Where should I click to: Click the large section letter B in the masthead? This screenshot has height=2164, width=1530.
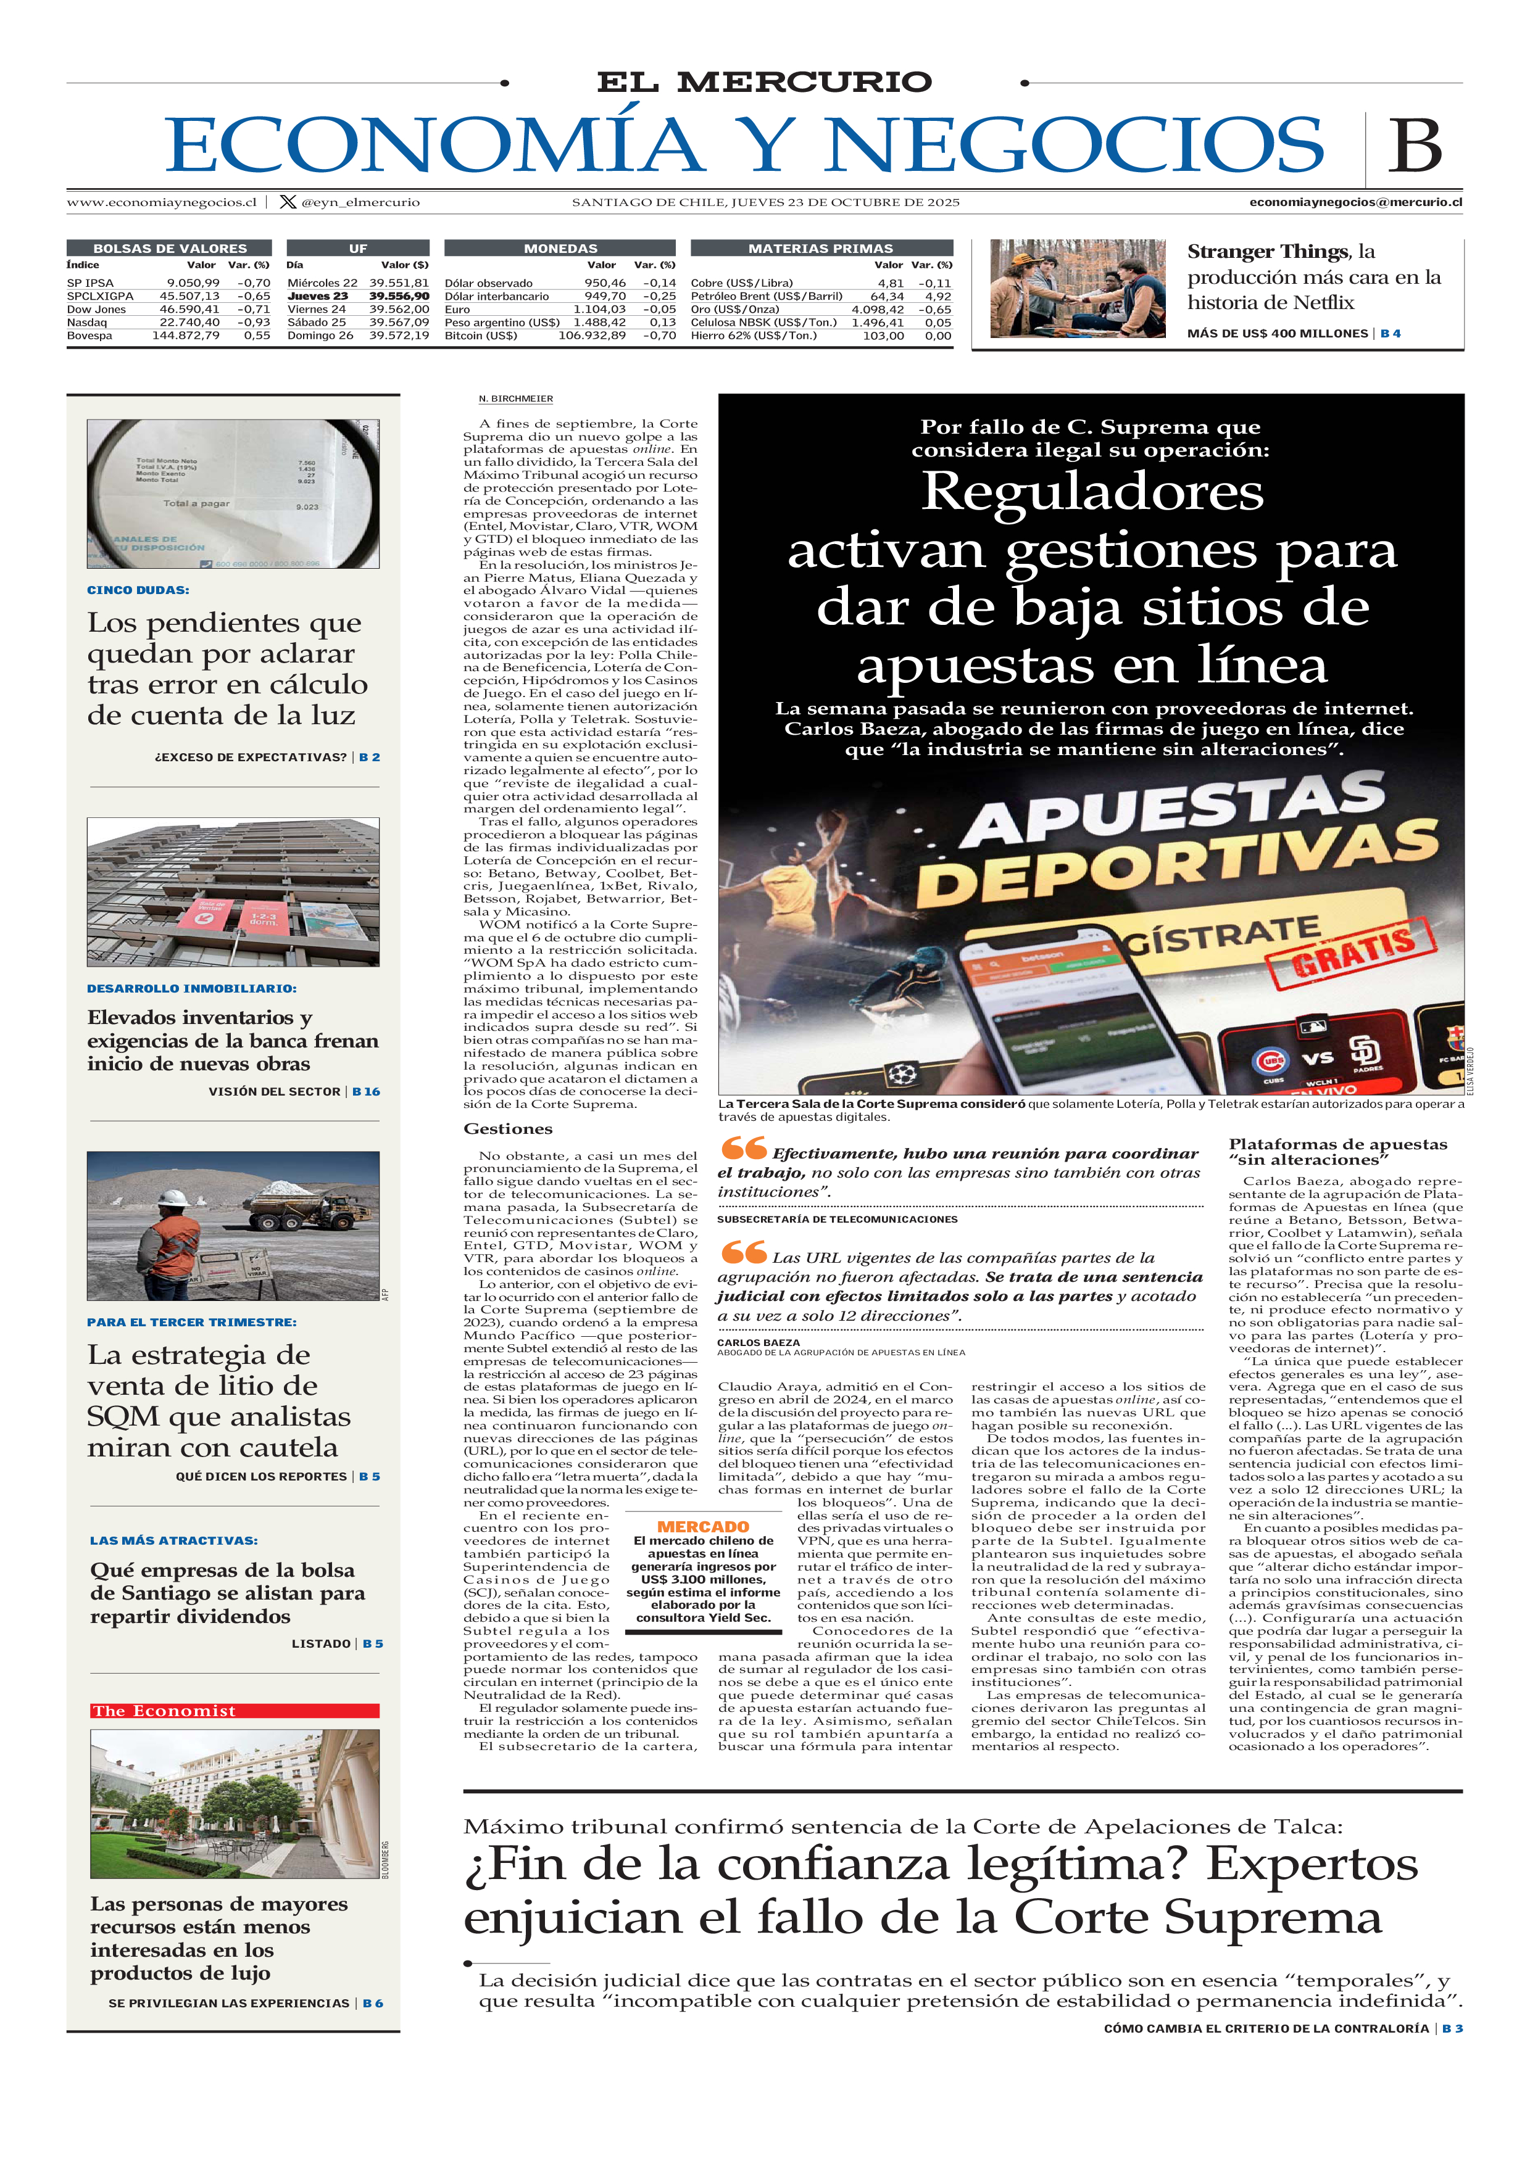pyautogui.click(x=1414, y=146)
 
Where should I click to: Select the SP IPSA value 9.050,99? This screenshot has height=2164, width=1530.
pyautogui.click(x=193, y=283)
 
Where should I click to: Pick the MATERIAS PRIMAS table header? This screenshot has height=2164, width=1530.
pyautogui.click(x=820, y=249)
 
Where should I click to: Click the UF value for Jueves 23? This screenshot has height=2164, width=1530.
pyautogui.click(x=399, y=296)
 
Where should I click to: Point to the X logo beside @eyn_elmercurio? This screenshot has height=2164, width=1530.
pyautogui.click(x=288, y=202)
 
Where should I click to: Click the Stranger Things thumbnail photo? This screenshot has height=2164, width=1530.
pyautogui.click(x=1078, y=289)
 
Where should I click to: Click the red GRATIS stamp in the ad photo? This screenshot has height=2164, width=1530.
pyautogui.click(x=1350, y=954)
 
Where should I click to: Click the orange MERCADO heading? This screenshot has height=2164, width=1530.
pyautogui.click(x=702, y=1527)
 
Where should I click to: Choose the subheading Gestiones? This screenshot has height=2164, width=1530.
pyautogui.click(x=507, y=1129)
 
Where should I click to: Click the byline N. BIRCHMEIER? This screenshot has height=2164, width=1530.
pyautogui.click(x=515, y=399)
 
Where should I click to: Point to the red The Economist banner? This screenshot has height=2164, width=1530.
pyautogui.click(x=235, y=1711)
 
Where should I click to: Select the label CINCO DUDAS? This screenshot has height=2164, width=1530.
pyautogui.click(x=138, y=590)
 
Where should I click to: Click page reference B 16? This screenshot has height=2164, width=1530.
pyautogui.click(x=366, y=1091)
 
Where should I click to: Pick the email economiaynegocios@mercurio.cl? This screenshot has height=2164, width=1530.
pyautogui.click(x=1355, y=202)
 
